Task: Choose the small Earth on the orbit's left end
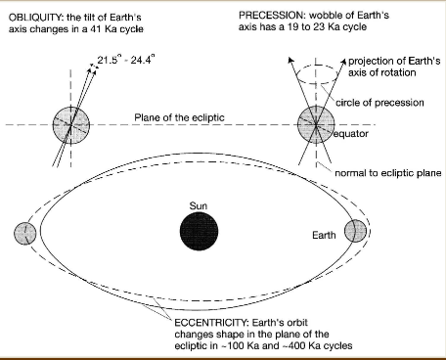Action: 26,235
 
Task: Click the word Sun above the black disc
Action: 201,206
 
